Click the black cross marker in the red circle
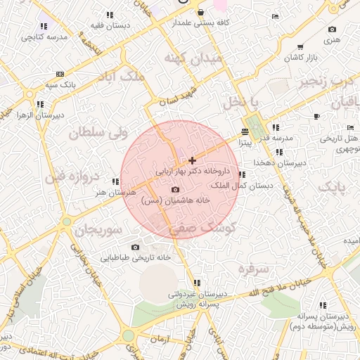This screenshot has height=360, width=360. click(192, 161)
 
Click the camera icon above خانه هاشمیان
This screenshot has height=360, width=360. click(175, 190)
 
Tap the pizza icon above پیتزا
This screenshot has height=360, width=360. click(245, 132)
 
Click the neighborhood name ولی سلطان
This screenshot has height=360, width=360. click(98, 131)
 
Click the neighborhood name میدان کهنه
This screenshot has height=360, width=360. click(192, 59)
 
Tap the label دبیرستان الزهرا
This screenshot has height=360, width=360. click(41, 114)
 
